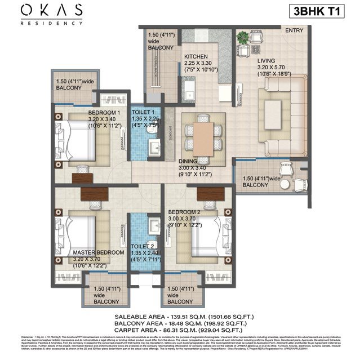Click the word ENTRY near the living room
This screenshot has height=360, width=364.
pos(295,30)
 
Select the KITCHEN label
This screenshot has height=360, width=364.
pos(196,57)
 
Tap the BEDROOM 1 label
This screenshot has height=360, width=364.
pos(104,113)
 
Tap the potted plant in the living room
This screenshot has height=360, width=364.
pos(242,37)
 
